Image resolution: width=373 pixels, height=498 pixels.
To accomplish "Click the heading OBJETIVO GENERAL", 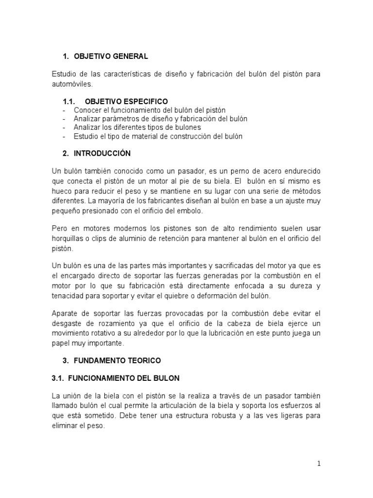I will (111, 56).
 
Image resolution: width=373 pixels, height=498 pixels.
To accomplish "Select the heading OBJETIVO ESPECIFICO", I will (126, 101).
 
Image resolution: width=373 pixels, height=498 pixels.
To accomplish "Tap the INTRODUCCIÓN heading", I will (102, 153).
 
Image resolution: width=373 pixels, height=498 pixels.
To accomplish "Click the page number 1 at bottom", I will (319, 463).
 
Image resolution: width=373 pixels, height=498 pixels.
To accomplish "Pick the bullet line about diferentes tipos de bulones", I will (137, 127).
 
